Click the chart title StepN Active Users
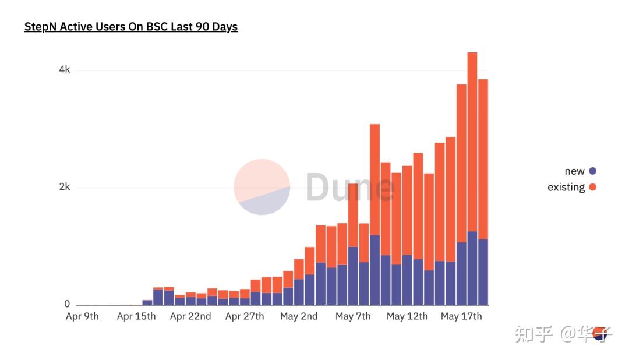130,27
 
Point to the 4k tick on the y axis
64,70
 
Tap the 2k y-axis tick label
64,187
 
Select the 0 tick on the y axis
67,304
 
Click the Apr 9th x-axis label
82,316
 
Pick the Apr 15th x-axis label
136,316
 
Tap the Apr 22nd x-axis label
190,316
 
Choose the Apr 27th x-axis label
245,316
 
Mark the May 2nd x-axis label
299,316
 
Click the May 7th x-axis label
353,316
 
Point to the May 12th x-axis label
407,316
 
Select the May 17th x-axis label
461,316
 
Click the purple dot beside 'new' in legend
593,171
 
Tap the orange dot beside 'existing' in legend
593,187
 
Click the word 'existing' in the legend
566,187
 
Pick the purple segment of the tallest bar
472,268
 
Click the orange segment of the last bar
483,157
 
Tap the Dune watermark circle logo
262,187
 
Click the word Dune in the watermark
350,187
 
